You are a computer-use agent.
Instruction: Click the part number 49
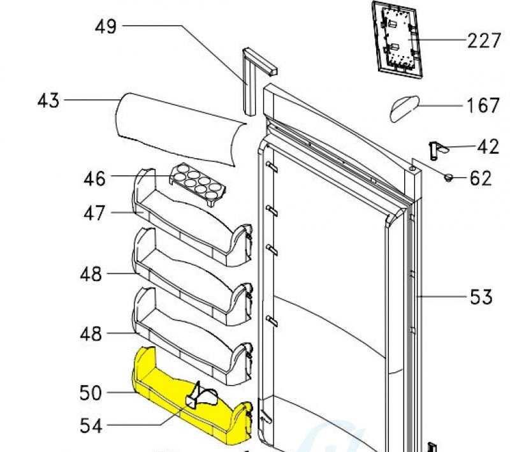click(106, 27)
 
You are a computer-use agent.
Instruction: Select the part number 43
click(48, 101)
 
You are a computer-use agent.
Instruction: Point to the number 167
click(483, 105)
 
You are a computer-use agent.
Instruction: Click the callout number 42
click(488, 147)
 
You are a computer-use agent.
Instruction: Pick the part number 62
click(481, 178)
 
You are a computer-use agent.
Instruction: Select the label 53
click(481, 296)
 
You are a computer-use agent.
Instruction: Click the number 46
click(94, 178)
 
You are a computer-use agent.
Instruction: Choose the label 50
click(91, 392)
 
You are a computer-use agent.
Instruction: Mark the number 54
click(91, 425)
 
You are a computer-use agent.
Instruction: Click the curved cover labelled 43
click(178, 128)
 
